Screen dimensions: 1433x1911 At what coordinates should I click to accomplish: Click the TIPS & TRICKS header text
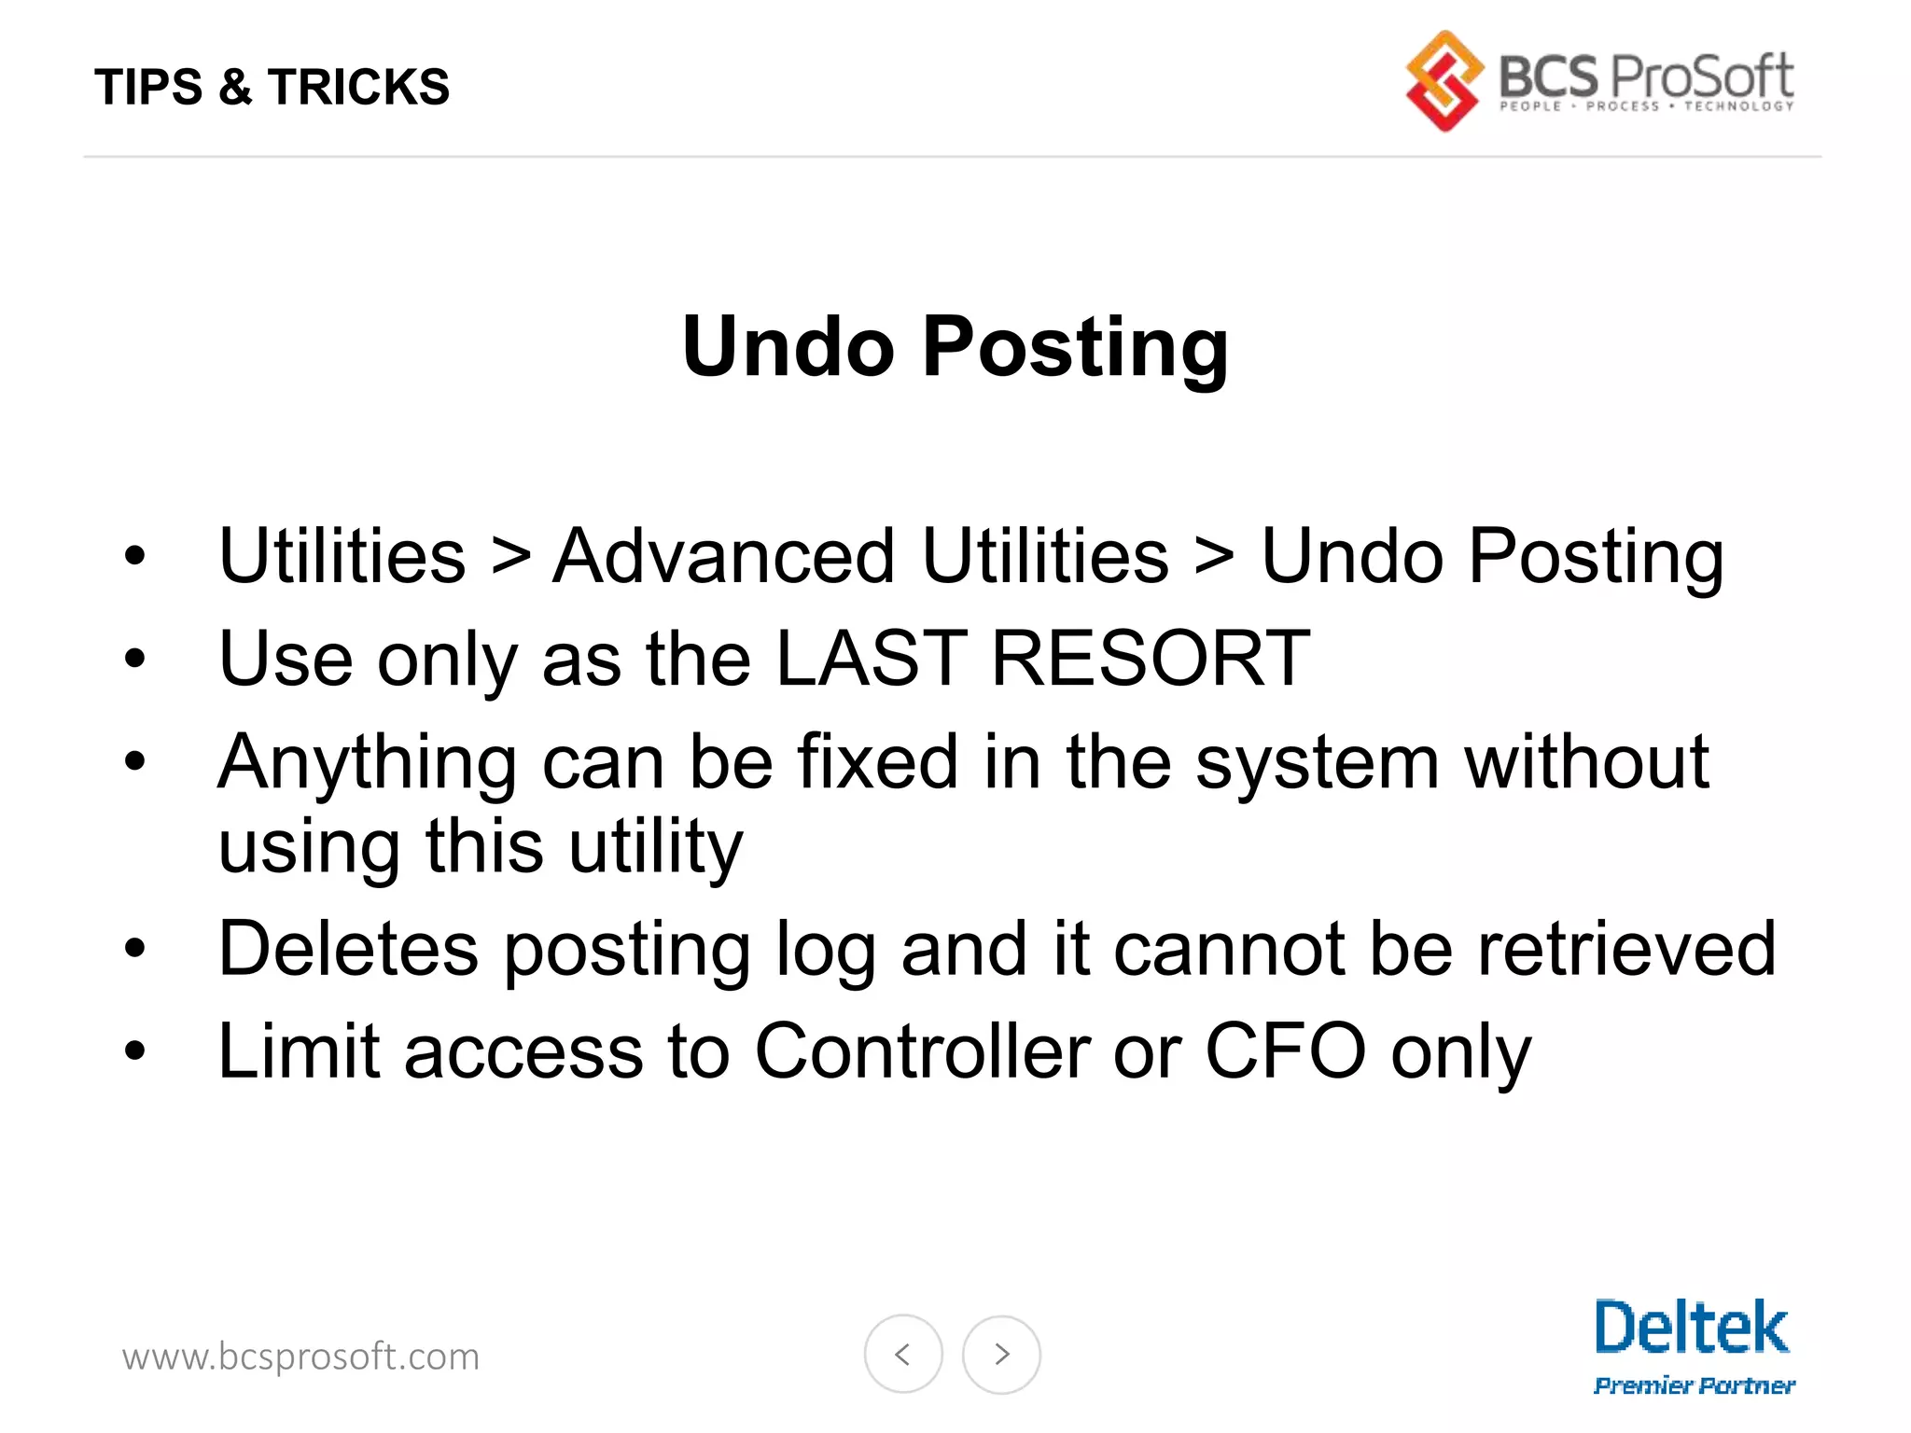point(272,87)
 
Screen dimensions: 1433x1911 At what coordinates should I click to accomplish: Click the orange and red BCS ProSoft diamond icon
point(1444,81)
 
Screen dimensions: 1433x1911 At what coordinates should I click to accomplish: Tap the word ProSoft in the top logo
point(1700,76)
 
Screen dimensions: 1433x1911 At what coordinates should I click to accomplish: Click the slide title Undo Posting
point(955,346)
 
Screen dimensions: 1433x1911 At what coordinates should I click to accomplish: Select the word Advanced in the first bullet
point(723,556)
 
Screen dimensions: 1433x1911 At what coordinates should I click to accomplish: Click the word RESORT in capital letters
point(1150,659)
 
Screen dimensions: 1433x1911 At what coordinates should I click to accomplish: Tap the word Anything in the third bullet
point(367,763)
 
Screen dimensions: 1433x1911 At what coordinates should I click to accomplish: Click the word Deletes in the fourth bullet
point(348,949)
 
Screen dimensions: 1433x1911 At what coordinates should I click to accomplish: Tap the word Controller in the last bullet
point(922,1051)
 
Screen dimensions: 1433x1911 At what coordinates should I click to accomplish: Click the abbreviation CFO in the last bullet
point(1286,1051)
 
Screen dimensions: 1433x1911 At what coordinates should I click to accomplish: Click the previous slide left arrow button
point(902,1354)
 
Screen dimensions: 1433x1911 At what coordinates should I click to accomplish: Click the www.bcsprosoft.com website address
point(300,1356)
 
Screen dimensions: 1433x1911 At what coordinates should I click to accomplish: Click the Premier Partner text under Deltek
point(1694,1385)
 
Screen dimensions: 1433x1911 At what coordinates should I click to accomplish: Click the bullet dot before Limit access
point(135,1051)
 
